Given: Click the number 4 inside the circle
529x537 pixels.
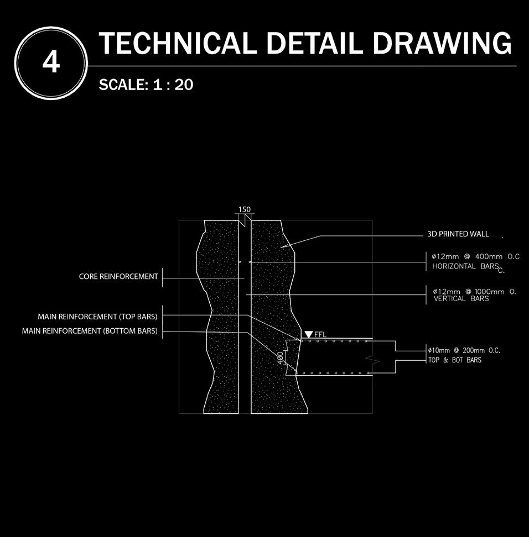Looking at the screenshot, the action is pos(50,64).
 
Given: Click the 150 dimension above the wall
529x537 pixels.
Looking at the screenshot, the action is pos(244,209).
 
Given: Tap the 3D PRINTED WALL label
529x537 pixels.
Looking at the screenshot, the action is pos(458,234).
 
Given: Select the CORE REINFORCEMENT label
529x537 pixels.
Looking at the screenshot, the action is pos(118,276).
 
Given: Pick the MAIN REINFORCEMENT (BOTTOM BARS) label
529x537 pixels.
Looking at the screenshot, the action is pos(90,331).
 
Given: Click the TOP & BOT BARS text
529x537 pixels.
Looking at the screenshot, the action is pos(454,360).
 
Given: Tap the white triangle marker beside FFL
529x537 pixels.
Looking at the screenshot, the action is pos(308,335).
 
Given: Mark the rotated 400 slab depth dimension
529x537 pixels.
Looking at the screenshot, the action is pos(280,358).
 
